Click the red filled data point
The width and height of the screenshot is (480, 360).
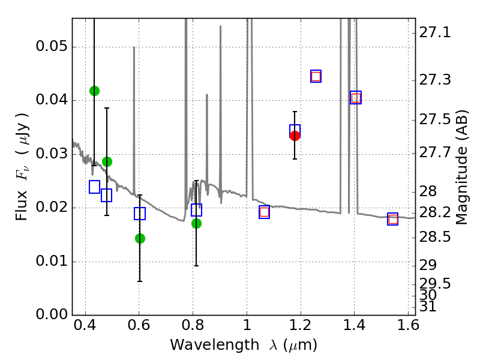[295, 136]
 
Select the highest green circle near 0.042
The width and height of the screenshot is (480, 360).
[94, 91]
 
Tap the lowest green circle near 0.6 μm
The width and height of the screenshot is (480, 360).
[140, 238]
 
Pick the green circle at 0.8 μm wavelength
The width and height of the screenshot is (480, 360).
[196, 223]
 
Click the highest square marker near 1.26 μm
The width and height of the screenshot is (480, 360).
[316, 76]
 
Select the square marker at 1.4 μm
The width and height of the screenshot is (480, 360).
[356, 98]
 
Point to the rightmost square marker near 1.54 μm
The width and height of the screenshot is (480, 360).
[393, 219]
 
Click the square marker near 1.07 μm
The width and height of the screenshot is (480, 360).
[264, 212]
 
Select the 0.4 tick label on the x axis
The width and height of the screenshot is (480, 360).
[86, 327]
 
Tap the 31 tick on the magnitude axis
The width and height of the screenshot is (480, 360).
[430, 306]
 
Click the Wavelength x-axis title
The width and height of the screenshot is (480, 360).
[243, 345]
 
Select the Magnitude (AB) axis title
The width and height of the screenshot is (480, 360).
[461, 167]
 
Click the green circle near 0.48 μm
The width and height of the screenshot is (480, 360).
[107, 161]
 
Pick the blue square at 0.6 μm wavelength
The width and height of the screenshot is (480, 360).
[140, 214]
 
